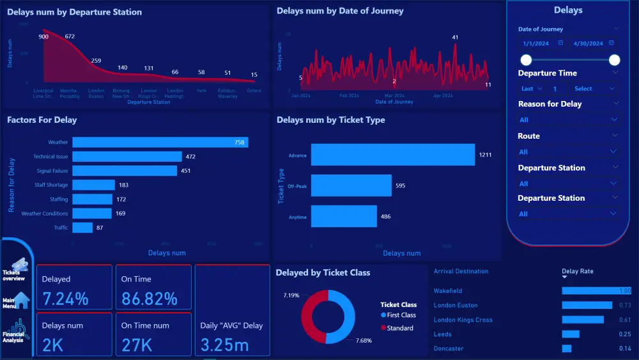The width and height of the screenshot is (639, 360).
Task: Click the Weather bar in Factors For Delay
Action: pos(160,142)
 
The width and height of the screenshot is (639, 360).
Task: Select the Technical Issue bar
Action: pos(127,157)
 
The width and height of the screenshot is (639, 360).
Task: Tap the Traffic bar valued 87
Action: pos(82,228)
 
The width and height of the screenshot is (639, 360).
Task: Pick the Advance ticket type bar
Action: pos(393,155)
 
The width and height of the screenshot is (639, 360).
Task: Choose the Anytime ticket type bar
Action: pos(343,217)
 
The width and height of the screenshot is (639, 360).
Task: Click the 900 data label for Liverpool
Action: pos(43,36)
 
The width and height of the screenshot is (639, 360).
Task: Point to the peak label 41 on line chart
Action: pos(455,38)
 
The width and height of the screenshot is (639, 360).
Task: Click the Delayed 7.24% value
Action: pos(65,299)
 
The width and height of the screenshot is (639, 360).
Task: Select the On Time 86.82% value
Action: pos(150,299)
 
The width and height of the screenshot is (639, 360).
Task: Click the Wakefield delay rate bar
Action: pos(596,291)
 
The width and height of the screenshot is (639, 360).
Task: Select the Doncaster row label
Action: pos(449,348)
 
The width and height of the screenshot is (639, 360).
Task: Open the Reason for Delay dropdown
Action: pos(568,120)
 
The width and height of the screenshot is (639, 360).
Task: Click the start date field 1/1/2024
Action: pos(536,43)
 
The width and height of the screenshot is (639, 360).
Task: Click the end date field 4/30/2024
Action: pos(588,43)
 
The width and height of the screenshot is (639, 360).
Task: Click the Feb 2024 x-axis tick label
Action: pos(349,95)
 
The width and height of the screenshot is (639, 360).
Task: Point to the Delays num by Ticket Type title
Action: pos(330,120)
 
